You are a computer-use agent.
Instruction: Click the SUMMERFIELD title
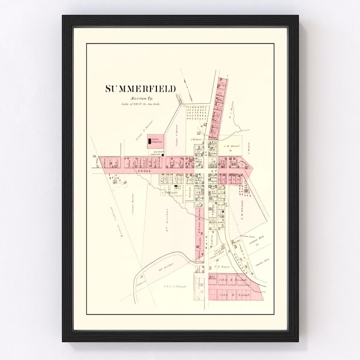(140, 89)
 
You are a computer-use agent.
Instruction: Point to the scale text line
(141, 104)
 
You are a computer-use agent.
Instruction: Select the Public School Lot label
(156, 141)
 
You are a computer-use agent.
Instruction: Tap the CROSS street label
(145, 172)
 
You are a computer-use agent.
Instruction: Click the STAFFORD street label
(235, 257)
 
